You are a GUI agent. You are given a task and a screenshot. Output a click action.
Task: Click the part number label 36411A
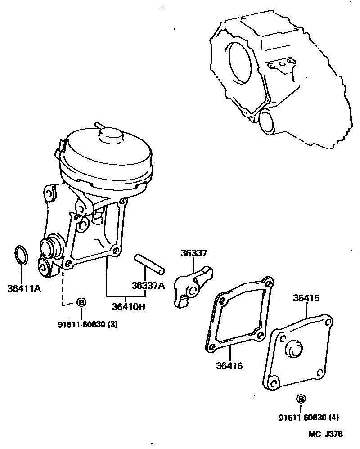[24, 288]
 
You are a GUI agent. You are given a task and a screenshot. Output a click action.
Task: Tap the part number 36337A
[148, 285]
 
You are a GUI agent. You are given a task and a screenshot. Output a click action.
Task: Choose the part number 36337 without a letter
[194, 254]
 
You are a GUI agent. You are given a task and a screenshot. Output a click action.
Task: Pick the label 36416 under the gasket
[229, 365]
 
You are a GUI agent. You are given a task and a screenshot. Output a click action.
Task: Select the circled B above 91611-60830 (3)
[81, 302]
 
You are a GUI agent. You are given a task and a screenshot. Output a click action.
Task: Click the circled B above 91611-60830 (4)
[301, 399]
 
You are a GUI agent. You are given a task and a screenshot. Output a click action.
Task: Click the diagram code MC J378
[325, 434]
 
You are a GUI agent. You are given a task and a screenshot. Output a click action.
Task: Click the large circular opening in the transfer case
[243, 63]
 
